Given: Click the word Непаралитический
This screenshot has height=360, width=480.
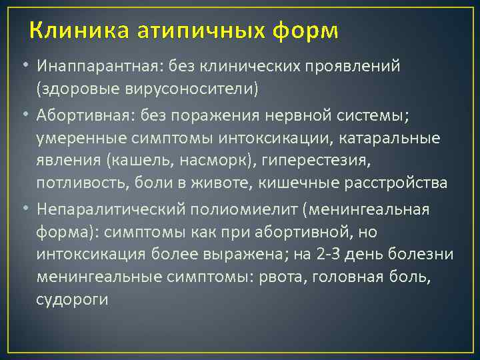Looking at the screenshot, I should coord(111,210).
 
